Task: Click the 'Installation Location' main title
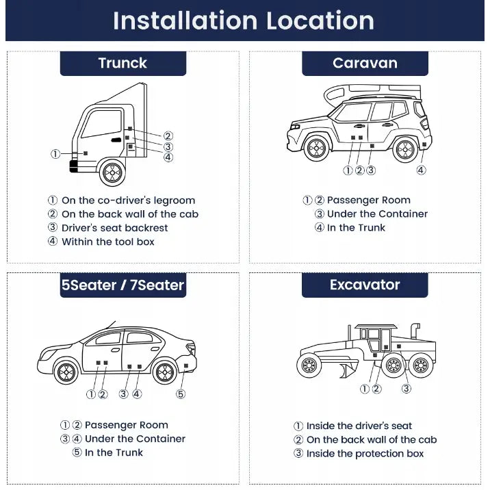[x=244, y=21]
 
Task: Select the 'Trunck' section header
[x=122, y=63]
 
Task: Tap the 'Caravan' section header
[x=365, y=63]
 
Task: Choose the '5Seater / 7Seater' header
[x=122, y=285]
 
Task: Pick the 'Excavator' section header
[x=365, y=285]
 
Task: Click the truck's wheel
[x=112, y=172]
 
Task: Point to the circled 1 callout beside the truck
[x=55, y=154]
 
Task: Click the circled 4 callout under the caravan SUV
[x=421, y=170]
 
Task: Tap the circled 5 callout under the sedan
[x=181, y=394]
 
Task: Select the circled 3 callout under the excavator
[x=406, y=389]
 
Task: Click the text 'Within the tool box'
[x=107, y=242]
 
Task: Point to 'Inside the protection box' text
[x=365, y=454]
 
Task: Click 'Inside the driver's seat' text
[x=359, y=426]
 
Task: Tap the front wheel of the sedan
[x=66, y=372]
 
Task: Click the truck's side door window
[x=101, y=124]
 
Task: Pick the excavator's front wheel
[x=309, y=365]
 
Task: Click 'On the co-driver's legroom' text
[x=128, y=201]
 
